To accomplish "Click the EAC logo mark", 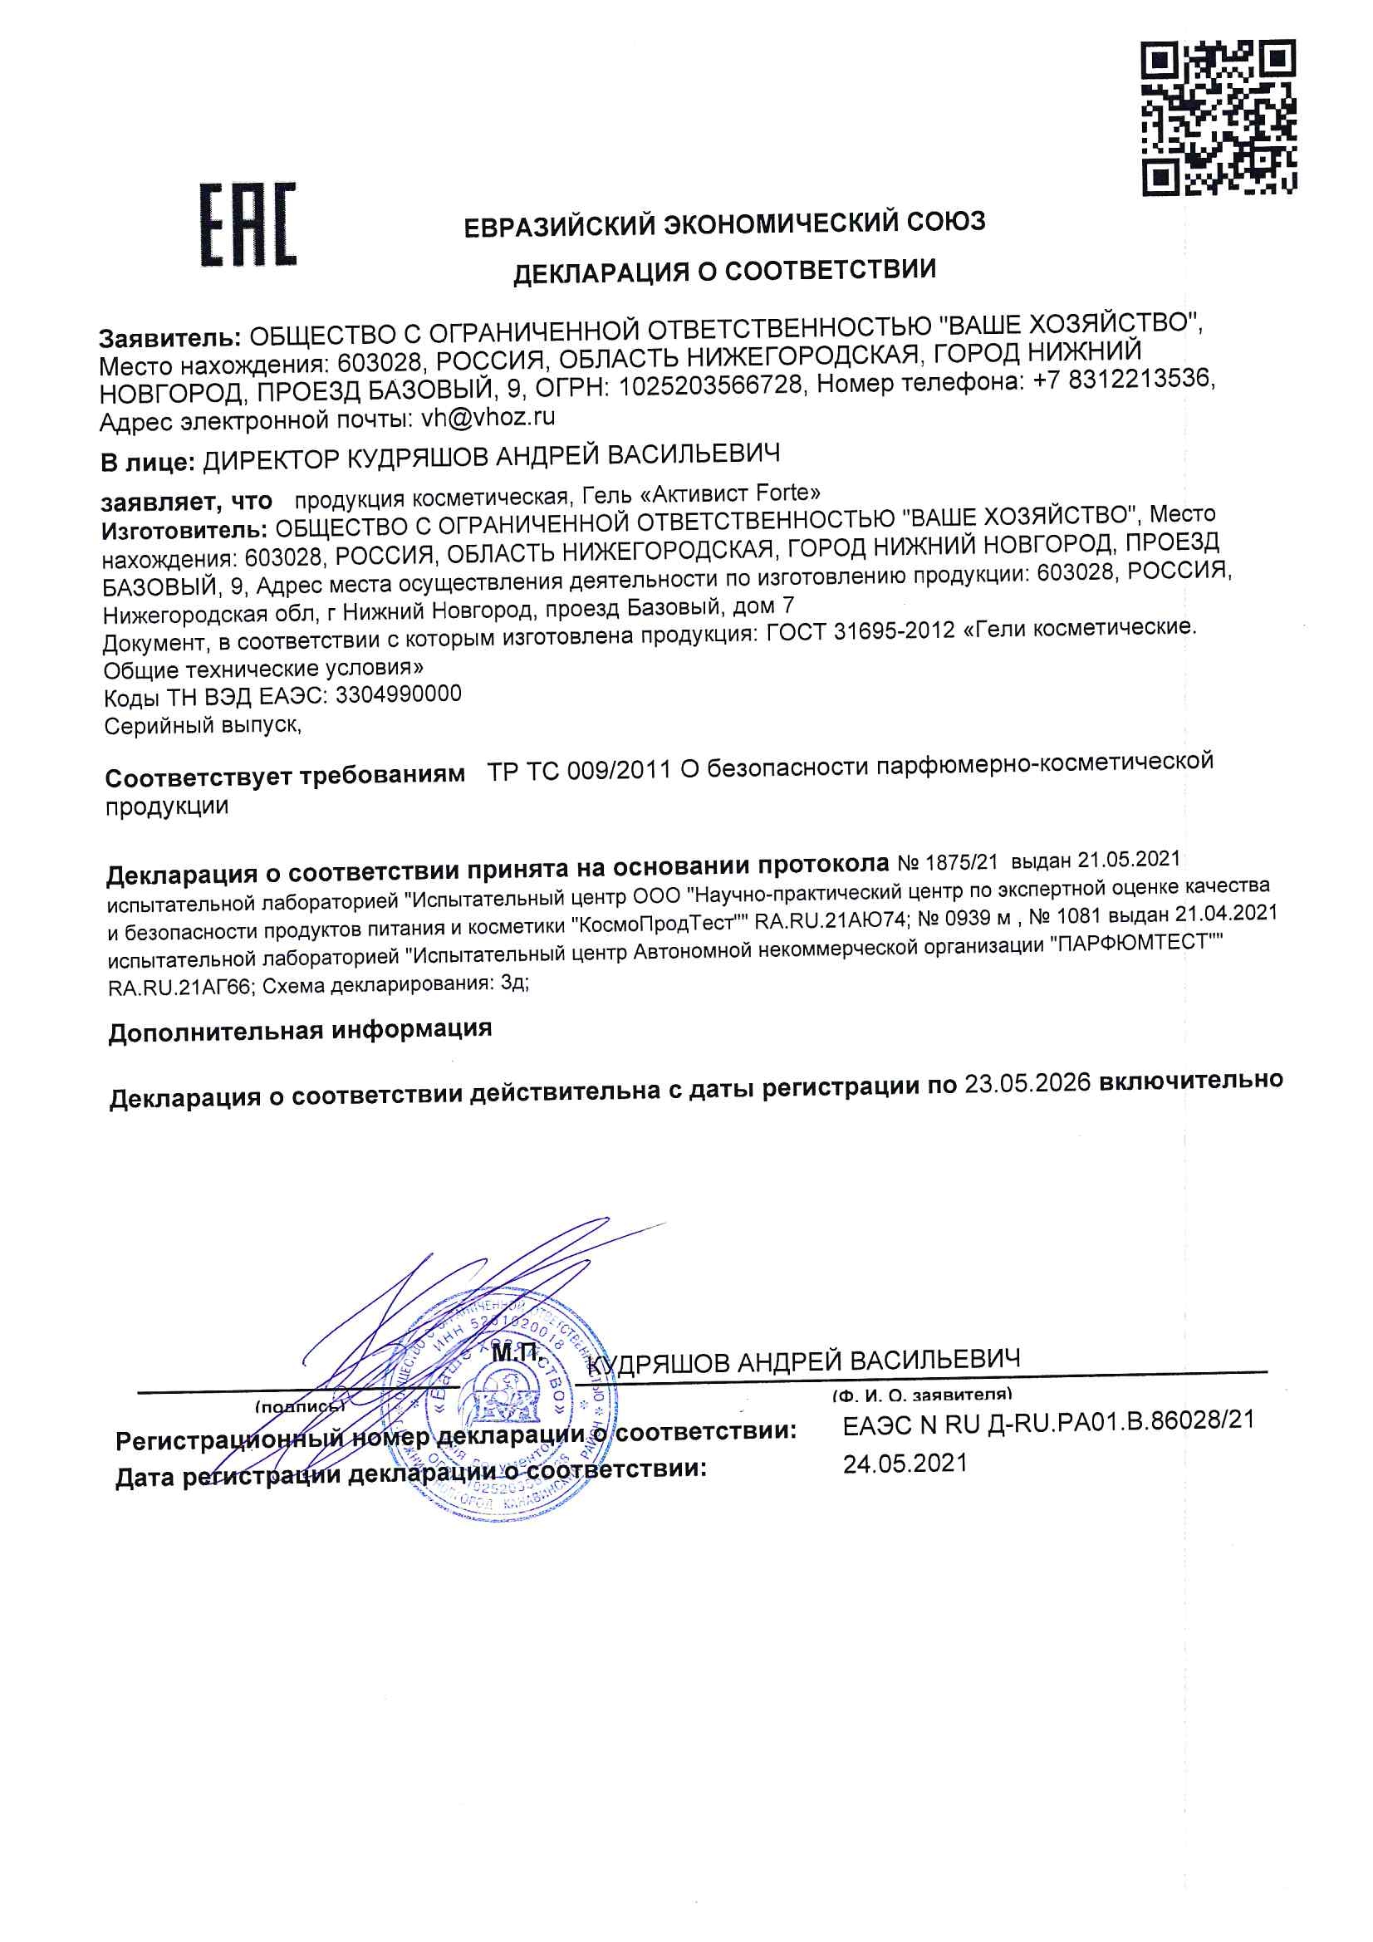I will coord(248,224).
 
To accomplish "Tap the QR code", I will coord(1219,119).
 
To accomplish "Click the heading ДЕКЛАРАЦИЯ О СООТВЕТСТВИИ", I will coord(724,272).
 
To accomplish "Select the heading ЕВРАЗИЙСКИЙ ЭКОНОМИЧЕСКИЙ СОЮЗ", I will coord(724,224).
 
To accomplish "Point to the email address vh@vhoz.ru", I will coord(488,417).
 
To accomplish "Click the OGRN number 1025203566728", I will coord(710,385).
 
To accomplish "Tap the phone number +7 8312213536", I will coord(1123,379).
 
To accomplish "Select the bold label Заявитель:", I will coord(170,338).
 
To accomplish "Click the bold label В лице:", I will coord(147,463).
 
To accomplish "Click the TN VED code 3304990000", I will coord(399,694).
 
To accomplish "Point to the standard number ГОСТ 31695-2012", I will coord(860,632).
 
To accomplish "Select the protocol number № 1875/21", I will coord(948,863).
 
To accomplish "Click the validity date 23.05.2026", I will coord(1027,1082).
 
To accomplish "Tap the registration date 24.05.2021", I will coord(905,1464).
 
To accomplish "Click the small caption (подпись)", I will coord(300,1406).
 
